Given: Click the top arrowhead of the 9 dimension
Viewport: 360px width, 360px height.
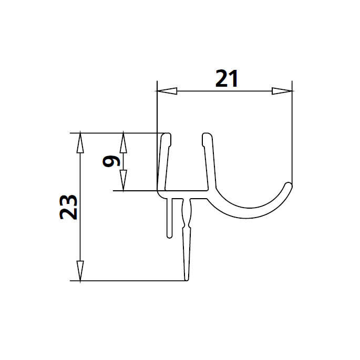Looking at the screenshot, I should [x=124, y=141].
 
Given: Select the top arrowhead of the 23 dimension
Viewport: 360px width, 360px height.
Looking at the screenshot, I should [x=79, y=142].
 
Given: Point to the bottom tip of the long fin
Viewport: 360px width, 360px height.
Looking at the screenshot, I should [x=187, y=279].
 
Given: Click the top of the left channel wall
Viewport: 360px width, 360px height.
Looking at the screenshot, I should [x=166, y=136].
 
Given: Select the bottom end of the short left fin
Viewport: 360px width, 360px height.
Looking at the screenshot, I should [x=169, y=235].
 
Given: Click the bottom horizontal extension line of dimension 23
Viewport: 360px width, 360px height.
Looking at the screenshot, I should [x=131, y=281].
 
